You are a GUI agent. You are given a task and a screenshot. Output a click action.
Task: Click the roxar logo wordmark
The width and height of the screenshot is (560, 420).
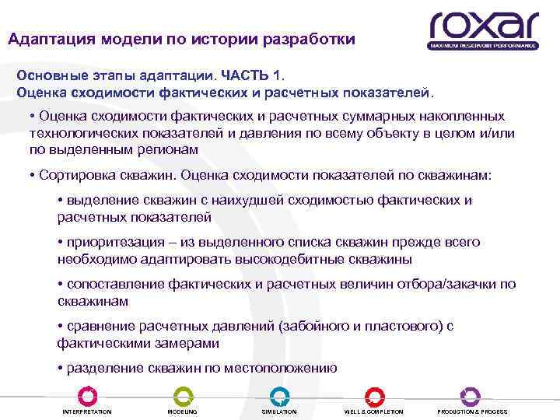(x=482, y=25)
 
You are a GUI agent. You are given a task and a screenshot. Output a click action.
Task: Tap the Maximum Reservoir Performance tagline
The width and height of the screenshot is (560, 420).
(x=482, y=46)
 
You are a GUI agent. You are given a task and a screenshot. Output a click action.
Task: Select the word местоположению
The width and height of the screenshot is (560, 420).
(x=279, y=368)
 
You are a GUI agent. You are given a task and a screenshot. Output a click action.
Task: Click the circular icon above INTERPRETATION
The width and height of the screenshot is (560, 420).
(x=87, y=396)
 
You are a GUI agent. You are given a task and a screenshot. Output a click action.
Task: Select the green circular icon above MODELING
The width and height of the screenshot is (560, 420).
(x=183, y=396)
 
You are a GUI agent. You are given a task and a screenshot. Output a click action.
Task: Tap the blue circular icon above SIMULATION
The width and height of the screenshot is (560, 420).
(x=278, y=396)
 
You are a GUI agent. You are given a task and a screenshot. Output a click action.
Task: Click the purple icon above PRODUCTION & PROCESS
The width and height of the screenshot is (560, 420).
(x=470, y=396)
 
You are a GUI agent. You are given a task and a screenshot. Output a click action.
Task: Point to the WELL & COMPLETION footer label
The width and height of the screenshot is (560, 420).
(x=374, y=411)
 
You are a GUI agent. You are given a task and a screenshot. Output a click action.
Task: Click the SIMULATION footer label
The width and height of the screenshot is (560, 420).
(x=278, y=411)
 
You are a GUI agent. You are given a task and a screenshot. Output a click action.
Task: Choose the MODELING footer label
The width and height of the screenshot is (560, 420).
(x=183, y=411)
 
